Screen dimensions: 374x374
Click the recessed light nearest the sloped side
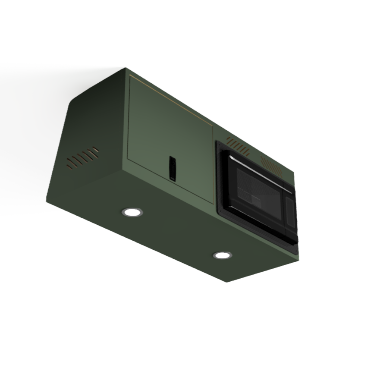point(132,212)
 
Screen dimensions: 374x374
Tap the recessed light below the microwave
point(222,255)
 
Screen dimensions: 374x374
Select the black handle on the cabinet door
point(172,167)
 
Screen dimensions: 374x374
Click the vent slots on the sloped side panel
point(82,158)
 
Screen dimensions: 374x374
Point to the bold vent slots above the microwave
point(238,147)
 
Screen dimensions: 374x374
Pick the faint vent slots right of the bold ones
point(271,166)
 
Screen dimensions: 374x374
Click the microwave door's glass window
point(255,190)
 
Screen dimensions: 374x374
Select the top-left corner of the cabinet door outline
point(130,76)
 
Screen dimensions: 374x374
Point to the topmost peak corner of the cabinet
point(126,68)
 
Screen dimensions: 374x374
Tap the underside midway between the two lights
point(177,233)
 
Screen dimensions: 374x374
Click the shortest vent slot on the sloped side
point(95,150)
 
